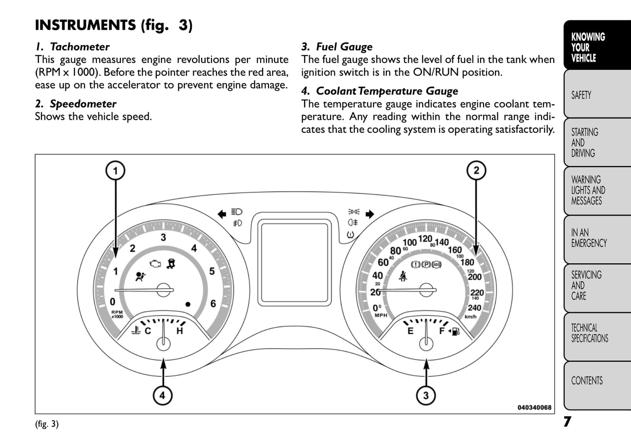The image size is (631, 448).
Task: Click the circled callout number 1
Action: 115,171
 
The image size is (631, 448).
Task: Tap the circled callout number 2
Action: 476,171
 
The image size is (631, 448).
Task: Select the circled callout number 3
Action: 426,396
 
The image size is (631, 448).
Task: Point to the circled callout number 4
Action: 162,396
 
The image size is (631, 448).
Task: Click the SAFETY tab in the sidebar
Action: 581,95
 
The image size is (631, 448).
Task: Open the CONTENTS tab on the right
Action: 586,381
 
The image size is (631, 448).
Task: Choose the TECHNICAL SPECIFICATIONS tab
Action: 589,333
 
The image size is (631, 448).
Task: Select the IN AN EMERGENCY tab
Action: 588,238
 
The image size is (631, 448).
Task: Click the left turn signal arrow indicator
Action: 222,214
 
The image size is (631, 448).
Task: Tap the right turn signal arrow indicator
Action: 370,214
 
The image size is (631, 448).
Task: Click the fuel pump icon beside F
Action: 455,331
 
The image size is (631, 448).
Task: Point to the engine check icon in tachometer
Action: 155,264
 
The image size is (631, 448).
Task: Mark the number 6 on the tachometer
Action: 213,303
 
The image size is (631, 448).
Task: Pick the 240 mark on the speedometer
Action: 474,307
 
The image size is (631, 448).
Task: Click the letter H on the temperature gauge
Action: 179,331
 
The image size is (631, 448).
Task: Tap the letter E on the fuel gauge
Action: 410,331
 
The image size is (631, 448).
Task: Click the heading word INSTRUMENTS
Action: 85,25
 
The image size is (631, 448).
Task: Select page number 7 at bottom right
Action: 567,422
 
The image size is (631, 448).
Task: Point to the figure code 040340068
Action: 534,407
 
